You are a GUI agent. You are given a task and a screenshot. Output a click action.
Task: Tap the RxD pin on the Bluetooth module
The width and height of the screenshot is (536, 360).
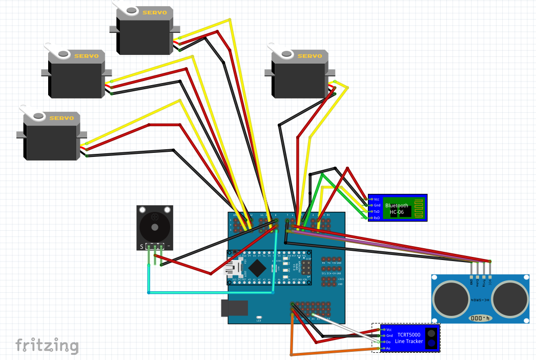pyautogui.click(x=370, y=218)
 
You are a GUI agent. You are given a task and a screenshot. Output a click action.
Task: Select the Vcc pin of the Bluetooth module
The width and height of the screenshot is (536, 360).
pyautogui.click(x=370, y=199)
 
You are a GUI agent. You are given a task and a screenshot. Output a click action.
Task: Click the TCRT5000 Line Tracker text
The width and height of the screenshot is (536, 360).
pyautogui.click(x=408, y=338)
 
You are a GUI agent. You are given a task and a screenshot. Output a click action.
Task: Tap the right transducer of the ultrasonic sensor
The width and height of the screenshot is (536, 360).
pyautogui.click(x=510, y=299)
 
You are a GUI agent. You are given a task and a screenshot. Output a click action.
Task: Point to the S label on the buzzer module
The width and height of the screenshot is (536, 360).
pyautogui.click(x=141, y=247)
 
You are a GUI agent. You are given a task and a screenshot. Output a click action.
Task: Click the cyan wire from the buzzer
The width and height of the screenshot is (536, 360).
pyautogui.click(x=210, y=293)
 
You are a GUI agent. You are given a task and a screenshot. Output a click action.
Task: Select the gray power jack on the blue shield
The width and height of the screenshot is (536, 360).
pyautogui.click(x=234, y=308)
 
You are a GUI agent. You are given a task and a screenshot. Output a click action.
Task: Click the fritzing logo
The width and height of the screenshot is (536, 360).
pyautogui.click(x=47, y=346)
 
